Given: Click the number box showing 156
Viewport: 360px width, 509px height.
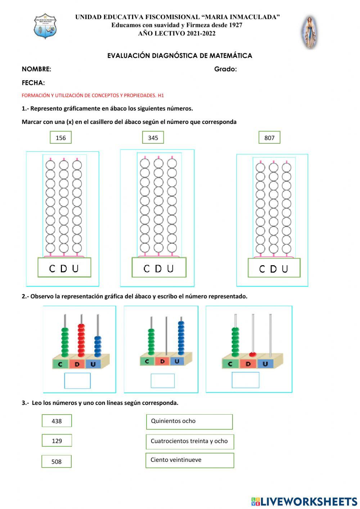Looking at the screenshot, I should (60, 138).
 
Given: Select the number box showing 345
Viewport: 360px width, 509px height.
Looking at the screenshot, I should (153, 138).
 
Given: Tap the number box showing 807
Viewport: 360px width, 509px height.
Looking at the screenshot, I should (269, 138).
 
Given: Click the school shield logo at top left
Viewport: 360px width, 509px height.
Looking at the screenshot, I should (45, 26).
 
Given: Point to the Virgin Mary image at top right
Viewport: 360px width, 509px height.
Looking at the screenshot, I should (309, 32).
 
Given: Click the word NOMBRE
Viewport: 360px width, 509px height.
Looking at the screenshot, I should (36, 69).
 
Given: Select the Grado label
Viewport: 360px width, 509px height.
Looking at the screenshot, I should (225, 69).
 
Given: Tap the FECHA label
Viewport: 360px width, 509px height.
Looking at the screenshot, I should (33, 83).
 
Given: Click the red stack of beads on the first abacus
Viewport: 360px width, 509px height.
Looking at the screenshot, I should (81, 340).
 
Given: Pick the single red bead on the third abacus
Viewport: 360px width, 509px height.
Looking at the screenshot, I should (252, 354).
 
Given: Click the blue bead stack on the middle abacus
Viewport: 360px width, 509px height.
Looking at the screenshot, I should (181, 338).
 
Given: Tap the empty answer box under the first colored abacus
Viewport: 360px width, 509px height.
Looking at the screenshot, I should (77, 381).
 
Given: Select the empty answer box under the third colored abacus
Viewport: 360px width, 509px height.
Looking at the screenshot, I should (246, 380).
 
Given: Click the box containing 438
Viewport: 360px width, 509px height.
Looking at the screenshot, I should (57, 421).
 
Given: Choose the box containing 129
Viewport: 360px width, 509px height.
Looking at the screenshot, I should (57, 441).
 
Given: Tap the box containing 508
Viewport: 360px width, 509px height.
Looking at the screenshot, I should (57, 461).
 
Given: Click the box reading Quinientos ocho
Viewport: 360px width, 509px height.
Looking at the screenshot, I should (189, 421).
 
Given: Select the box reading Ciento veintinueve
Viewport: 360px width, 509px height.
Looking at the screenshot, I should (190, 460).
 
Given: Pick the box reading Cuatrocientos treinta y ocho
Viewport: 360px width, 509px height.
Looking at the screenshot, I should (190, 441).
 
